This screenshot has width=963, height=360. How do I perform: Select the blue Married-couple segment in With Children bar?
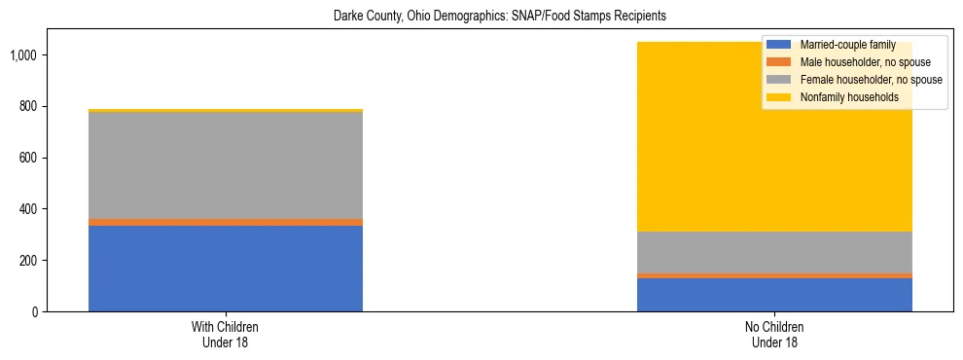point(226,269)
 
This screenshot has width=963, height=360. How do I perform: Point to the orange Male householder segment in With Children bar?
point(226,222)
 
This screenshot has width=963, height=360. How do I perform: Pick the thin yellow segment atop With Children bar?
point(226,111)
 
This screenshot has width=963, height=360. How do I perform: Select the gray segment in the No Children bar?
point(774,252)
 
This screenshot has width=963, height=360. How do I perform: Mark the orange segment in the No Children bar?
point(774,275)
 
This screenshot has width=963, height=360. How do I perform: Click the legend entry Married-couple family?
point(847,45)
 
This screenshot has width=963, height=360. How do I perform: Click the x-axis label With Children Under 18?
point(226,335)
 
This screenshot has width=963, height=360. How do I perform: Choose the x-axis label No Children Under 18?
point(774,335)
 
